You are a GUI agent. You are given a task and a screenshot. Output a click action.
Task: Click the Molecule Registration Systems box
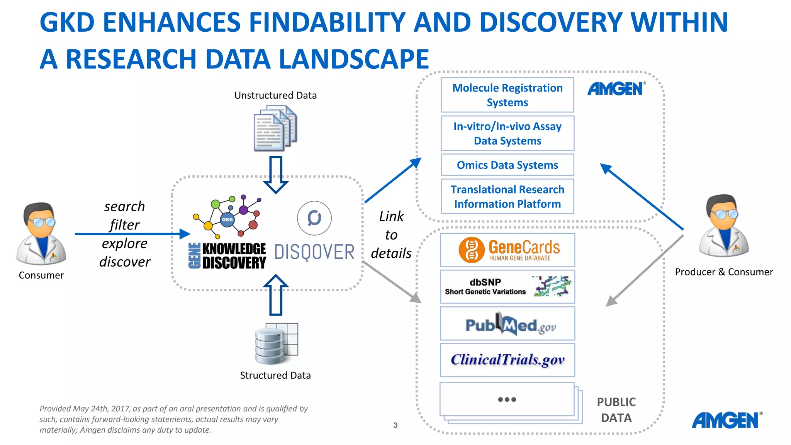[x=507, y=95]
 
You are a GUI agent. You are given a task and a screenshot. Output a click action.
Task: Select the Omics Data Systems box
[x=507, y=165]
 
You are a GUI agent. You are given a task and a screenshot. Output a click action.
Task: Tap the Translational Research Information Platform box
[x=507, y=196]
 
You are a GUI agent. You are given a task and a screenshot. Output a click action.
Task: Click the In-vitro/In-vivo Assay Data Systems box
[x=507, y=133]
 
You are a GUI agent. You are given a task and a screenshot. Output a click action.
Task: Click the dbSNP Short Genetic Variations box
[x=507, y=287]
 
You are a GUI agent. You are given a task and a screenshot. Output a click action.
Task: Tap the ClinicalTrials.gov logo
[x=507, y=360]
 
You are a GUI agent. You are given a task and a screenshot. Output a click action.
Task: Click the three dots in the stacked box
[x=507, y=399]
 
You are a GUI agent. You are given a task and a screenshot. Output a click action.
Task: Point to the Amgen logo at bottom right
[x=726, y=420]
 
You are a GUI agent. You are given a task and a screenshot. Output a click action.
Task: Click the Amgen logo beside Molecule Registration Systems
[x=616, y=89]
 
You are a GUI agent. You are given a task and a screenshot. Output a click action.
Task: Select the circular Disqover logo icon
[x=314, y=218]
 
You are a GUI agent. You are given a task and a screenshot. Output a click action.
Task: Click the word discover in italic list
[x=124, y=262]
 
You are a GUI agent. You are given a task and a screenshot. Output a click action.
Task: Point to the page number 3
[x=395, y=425]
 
